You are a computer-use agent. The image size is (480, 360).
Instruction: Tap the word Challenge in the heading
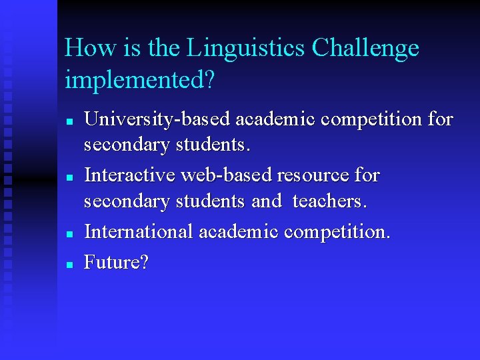pos(365,48)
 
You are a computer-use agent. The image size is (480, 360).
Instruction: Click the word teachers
pos(329,201)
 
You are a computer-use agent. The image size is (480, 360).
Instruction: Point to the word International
pos(137,232)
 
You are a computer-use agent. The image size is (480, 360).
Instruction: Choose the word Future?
pos(117,263)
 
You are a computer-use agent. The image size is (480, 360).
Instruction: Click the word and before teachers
pos(266,201)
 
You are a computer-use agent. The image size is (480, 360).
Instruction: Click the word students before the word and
pos(212,201)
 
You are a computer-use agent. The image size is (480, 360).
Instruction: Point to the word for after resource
pos(367,176)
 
